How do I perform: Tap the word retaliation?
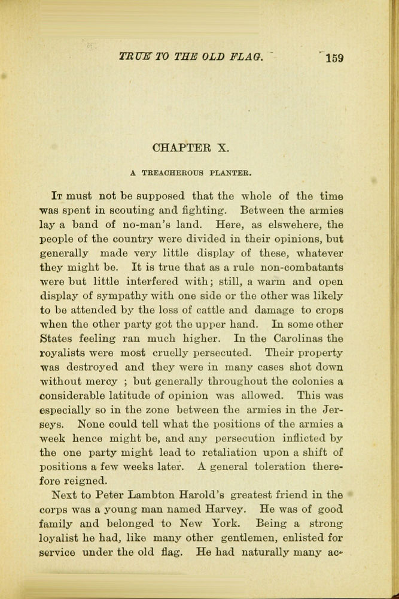[207, 453]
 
